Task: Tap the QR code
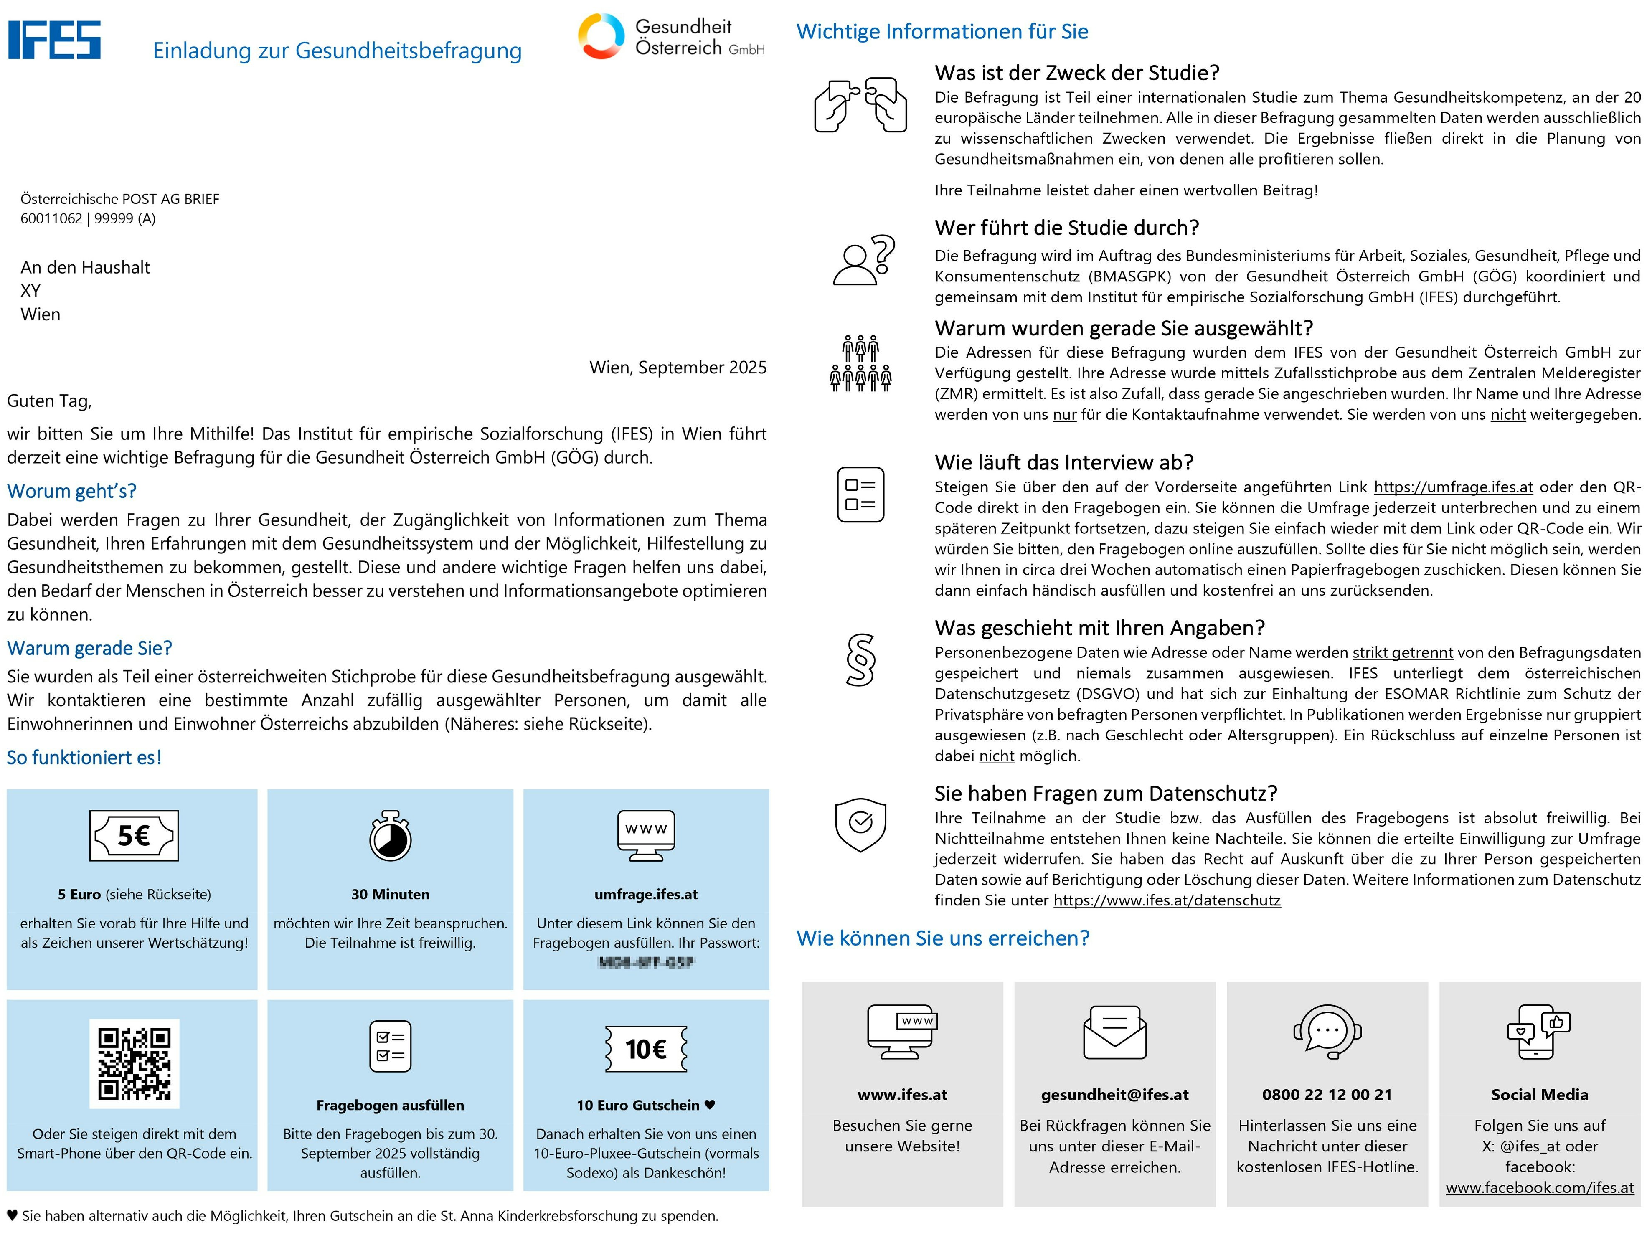134,1063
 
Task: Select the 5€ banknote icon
134,835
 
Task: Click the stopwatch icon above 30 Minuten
390,836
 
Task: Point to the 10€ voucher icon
645,1049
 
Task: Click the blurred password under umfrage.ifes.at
645,963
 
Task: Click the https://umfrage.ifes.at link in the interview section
1453,487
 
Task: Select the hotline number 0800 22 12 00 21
1327,1094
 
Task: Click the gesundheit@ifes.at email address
1114,1094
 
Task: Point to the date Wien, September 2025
678,368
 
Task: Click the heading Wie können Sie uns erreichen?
943,938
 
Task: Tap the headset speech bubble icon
1327,1032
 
